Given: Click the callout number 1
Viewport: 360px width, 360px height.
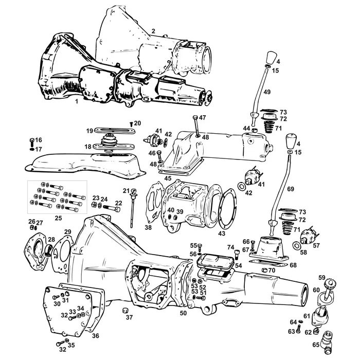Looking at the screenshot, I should [x=76, y=102].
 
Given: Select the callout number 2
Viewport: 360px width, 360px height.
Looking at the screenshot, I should [x=153, y=31].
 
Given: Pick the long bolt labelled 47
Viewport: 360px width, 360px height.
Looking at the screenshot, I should [x=196, y=127].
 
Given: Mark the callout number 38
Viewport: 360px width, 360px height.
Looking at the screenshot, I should [x=148, y=227].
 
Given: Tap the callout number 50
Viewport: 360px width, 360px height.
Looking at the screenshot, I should [x=183, y=312].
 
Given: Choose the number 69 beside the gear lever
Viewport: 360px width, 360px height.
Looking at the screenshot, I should [x=291, y=189].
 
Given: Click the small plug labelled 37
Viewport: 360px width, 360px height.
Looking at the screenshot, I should [x=124, y=311].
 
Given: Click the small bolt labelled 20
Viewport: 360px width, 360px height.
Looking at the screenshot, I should [x=131, y=124].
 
